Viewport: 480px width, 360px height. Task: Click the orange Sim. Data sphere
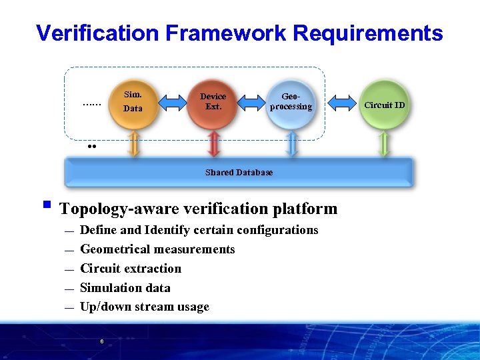click(x=133, y=102)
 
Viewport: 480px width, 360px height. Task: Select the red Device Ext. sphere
click(x=213, y=102)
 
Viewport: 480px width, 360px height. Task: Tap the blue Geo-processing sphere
click(x=291, y=102)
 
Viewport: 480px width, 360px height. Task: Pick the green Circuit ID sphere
click(x=384, y=104)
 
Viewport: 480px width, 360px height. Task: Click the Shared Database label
click(x=239, y=173)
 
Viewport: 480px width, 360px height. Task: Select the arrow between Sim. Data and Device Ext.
click(x=173, y=102)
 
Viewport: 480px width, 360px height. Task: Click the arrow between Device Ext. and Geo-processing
click(x=252, y=102)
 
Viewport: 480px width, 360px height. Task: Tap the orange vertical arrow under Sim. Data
click(x=134, y=143)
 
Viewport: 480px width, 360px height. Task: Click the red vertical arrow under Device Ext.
click(x=213, y=143)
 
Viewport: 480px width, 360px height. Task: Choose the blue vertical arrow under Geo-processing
click(x=291, y=143)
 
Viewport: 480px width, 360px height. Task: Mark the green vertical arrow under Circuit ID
click(x=383, y=143)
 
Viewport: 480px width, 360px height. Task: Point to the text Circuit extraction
click(x=131, y=269)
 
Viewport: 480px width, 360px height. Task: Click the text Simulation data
click(x=125, y=288)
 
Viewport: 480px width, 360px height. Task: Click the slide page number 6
click(x=101, y=341)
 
